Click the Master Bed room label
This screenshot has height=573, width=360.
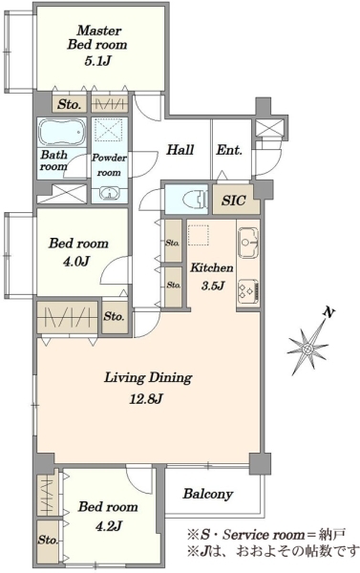(x=97, y=37)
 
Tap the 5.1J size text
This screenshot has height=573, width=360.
(x=97, y=61)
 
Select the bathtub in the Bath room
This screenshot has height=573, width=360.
(x=62, y=133)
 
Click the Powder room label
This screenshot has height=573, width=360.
(x=109, y=165)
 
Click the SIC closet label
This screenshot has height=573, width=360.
(x=234, y=201)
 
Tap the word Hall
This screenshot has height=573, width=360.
(x=180, y=150)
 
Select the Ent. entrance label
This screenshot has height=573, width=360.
(x=229, y=150)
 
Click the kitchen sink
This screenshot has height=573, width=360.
(x=248, y=243)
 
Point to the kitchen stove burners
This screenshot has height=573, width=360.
(x=248, y=291)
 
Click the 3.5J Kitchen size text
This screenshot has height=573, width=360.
(x=212, y=286)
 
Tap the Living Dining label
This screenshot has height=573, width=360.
(x=148, y=377)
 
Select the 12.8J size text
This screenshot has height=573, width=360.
(x=146, y=399)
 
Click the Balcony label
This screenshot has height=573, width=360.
(x=208, y=494)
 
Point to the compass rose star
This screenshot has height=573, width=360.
(x=307, y=349)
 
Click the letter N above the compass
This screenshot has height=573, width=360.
(x=328, y=313)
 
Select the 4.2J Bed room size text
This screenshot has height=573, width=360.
(x=108, y=526)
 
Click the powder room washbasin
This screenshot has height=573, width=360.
(x=109, y=193)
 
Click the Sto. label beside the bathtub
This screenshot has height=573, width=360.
(x=69, y=104)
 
